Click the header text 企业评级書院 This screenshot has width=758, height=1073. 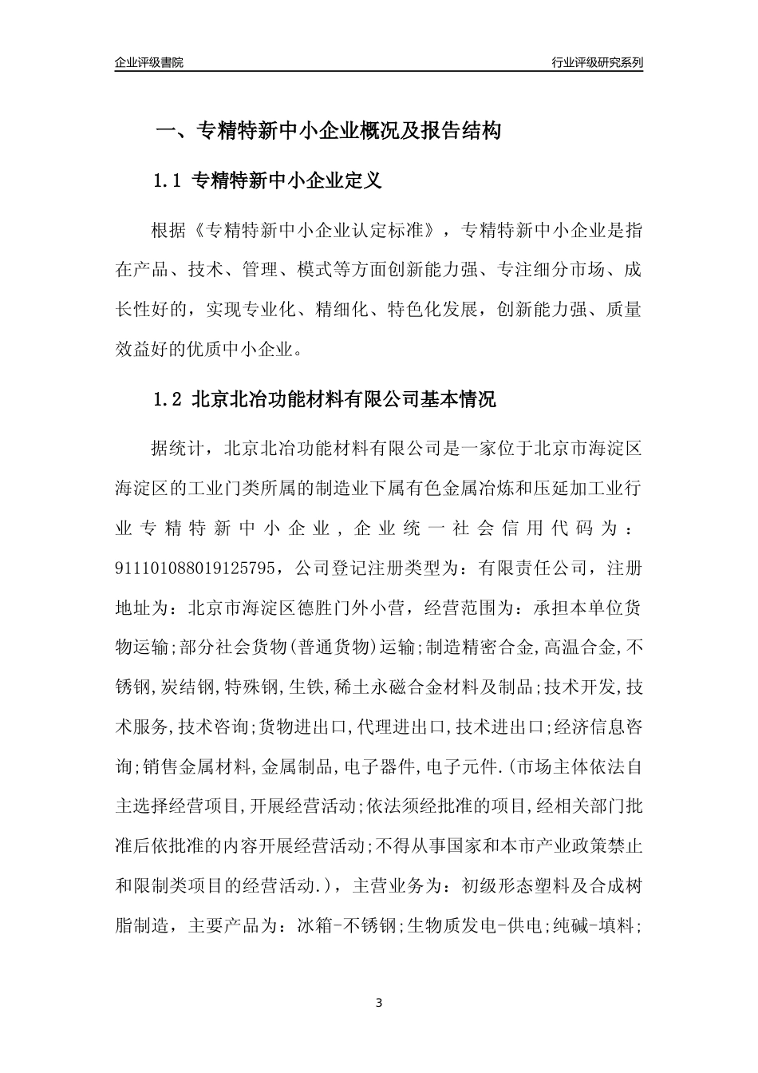(x=149, y=62)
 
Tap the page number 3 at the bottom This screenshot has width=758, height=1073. (x=379, y=1002)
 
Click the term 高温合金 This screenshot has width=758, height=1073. (x=582, y=647)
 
